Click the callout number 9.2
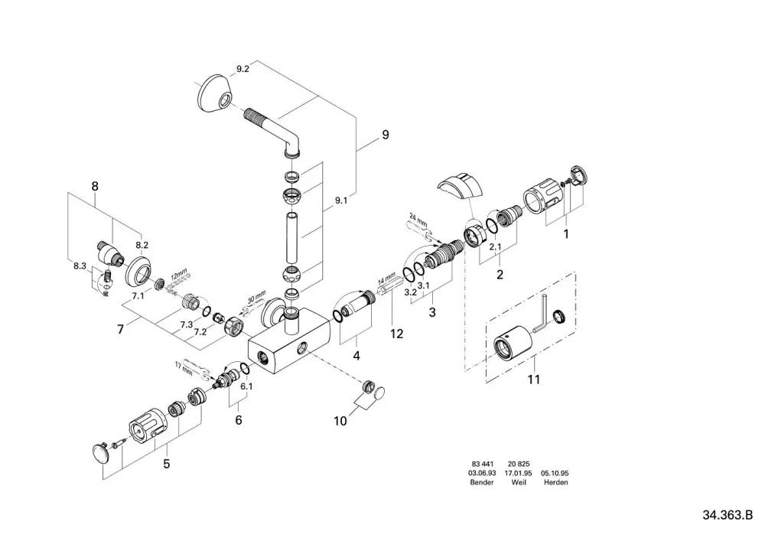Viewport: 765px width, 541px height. [243, 69]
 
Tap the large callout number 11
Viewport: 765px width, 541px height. [534, 379]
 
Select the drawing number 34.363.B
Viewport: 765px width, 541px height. [728, 515]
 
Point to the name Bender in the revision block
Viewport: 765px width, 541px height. [481, 482]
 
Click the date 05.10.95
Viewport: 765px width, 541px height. [555, 473]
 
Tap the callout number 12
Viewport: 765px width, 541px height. [396, 334]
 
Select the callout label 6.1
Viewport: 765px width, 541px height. [246, 386]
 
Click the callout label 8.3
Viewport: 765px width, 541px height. [80, 266]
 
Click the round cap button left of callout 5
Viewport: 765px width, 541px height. [102, 451]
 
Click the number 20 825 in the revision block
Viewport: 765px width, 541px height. [518, 464]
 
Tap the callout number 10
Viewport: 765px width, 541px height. [340, 420]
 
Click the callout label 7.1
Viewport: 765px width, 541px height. [138, 296]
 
